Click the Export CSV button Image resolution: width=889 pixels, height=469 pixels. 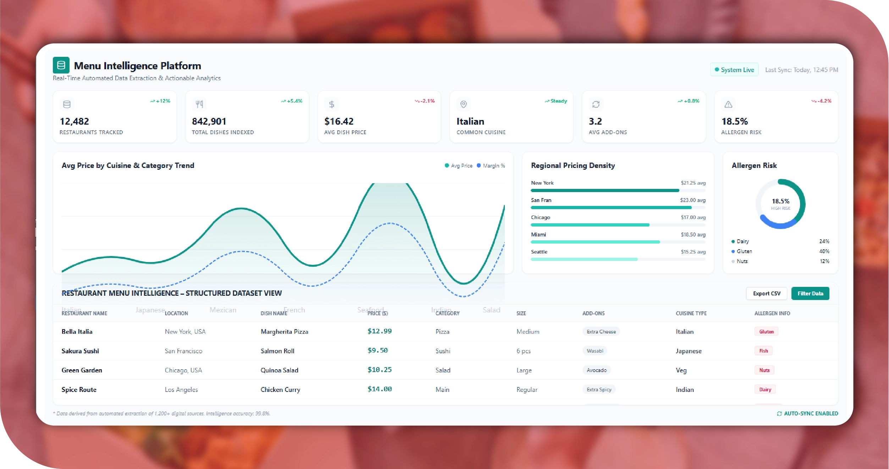(x=766, y=293)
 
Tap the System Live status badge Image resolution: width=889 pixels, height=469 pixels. (x=734, y=70)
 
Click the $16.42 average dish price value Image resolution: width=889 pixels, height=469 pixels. (x=338, y=121)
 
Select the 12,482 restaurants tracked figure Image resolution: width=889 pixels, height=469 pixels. (x=74, y=121)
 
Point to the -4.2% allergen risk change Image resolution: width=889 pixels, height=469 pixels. (x=822, y=101)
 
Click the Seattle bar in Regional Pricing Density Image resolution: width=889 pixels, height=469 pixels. (x=584, y=259)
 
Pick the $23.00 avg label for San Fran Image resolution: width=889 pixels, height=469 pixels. (x=692, y=200)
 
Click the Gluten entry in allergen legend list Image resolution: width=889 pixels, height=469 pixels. (x=744, y=251)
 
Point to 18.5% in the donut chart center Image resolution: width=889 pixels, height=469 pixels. (x=780, y=201)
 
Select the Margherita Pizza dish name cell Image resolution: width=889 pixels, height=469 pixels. (x=284, y=332)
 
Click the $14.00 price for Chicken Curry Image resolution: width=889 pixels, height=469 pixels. (x=379, y=389)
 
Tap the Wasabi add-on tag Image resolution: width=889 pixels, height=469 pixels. (x=595, y=351)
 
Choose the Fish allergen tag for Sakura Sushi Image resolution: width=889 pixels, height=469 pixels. (x=763, y=351)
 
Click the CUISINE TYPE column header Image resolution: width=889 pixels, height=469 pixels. (x=691, y=313)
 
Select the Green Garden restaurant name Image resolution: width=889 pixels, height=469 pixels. (x=82, y=370)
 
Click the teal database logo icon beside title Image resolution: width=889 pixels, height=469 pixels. (x=61, y=65)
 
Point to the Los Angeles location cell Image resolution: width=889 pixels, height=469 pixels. (x=181, y=390)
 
